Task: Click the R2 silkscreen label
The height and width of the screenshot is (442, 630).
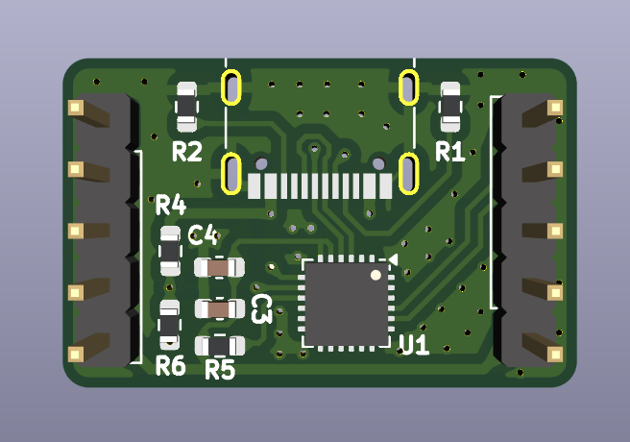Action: [x=187, y=152]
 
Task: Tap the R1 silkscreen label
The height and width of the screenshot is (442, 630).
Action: [x=450, y=152]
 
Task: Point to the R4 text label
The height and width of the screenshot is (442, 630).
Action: [x=171, y=205]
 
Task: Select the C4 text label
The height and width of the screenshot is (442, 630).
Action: [x=204, y=234]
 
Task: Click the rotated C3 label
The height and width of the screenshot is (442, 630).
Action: [x=262, y=308]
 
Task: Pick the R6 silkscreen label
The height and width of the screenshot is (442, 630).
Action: [x=171, y=366]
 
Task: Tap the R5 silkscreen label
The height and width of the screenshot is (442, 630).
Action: [x=220, y=369]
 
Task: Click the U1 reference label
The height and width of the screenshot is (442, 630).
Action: [x=414, y=345]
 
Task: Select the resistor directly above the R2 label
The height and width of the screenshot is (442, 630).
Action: [x=187, y=107]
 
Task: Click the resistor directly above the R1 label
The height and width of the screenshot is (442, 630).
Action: [x=450, y=107]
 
